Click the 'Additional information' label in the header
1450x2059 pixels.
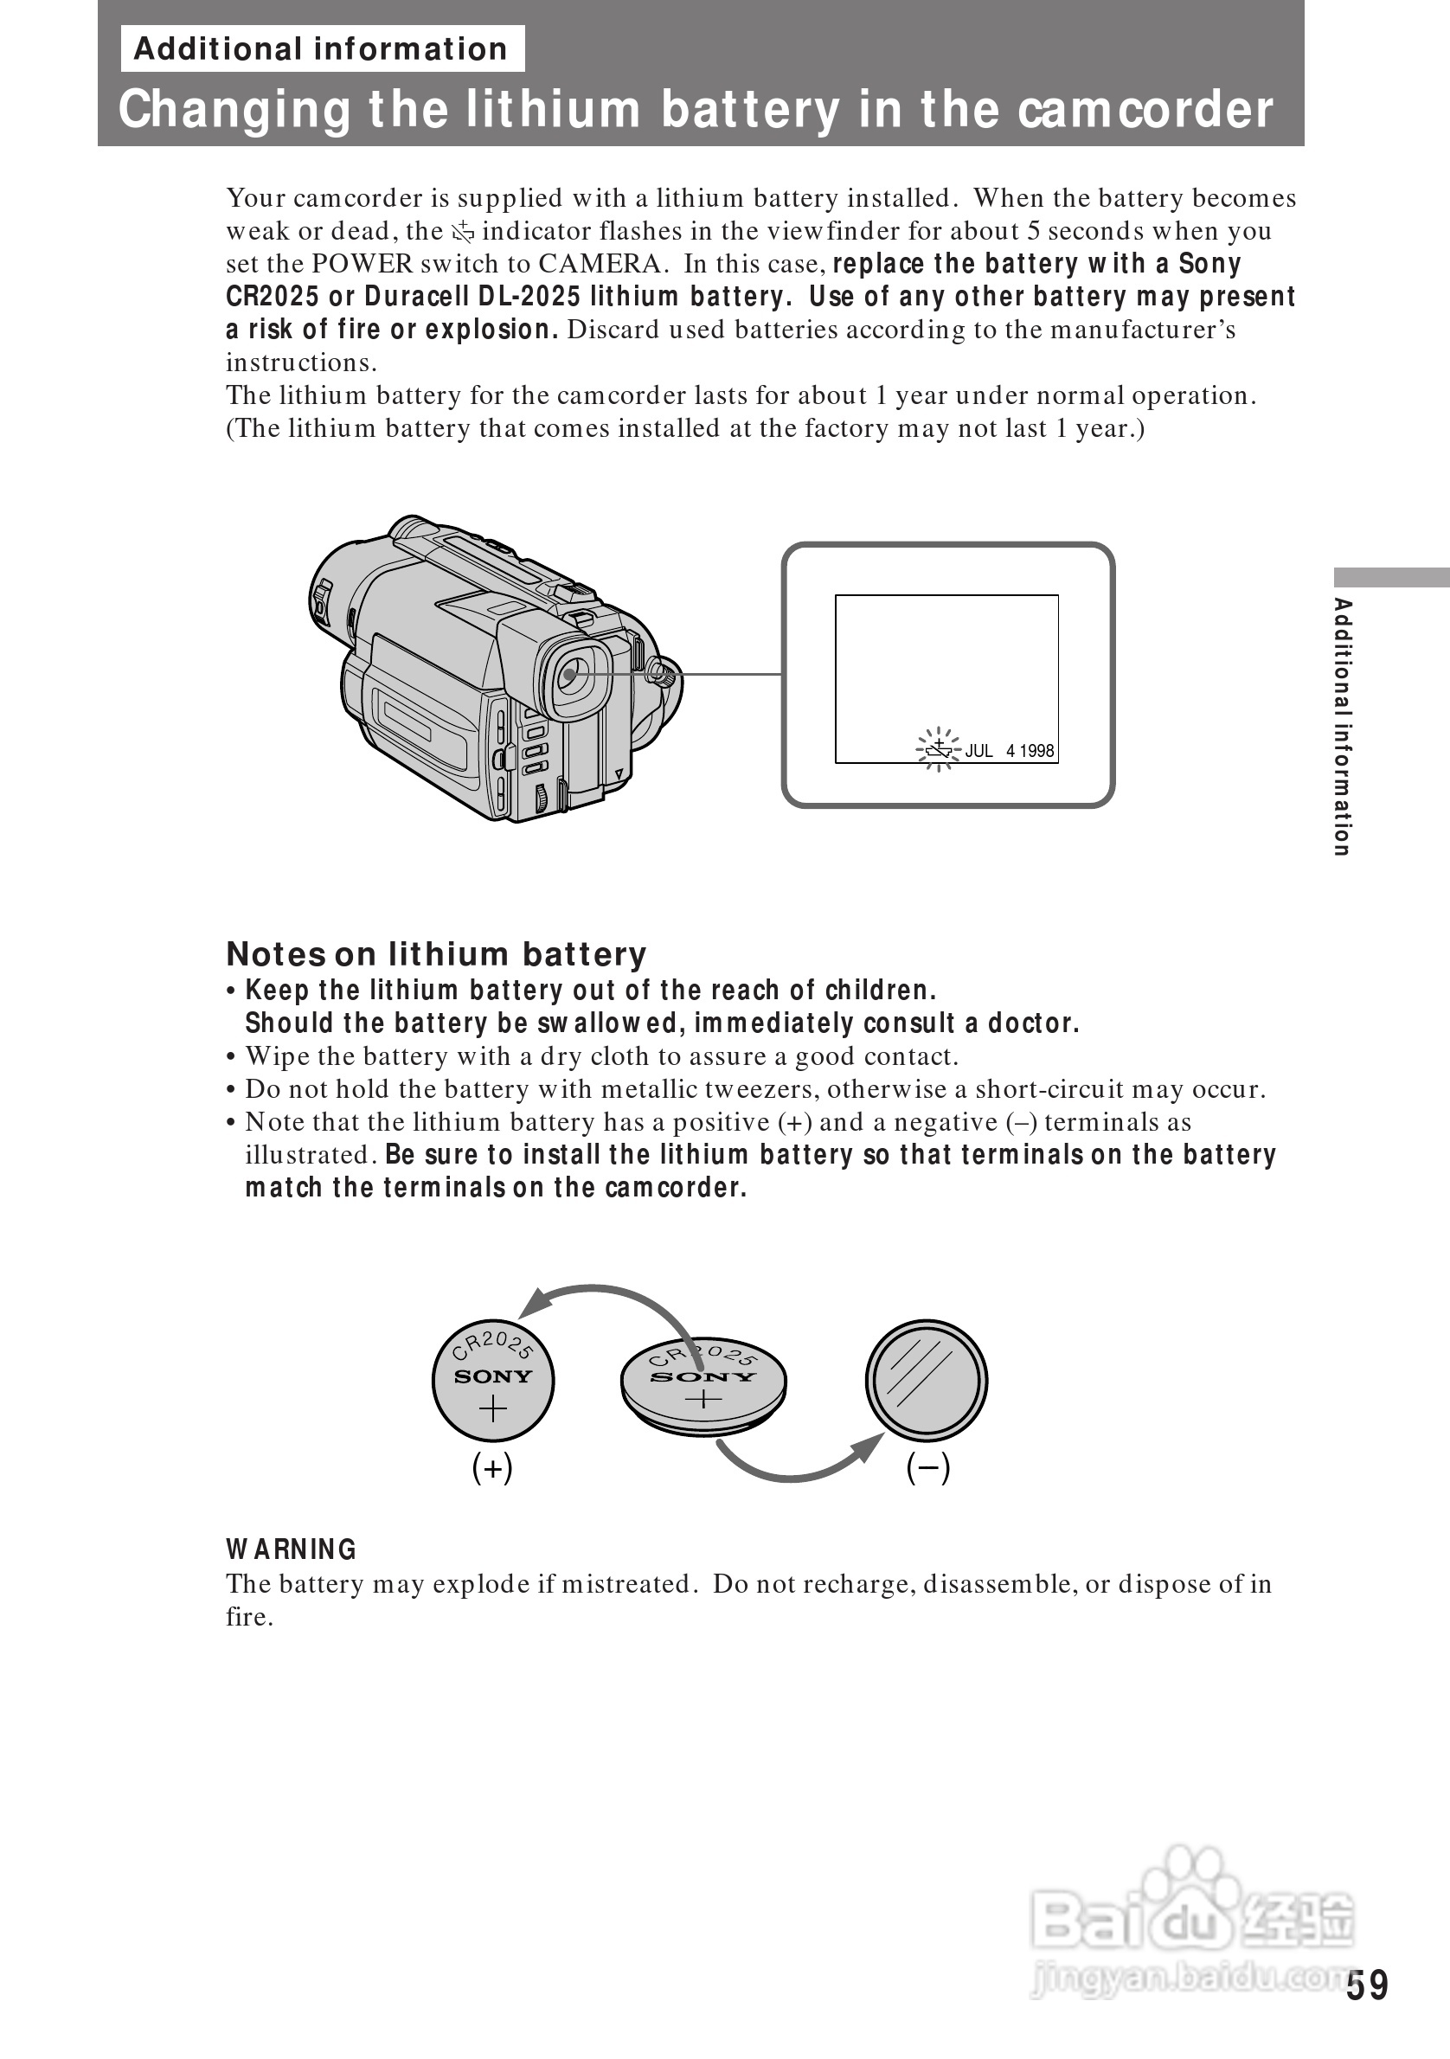[321, 49]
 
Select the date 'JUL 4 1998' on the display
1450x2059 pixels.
[1010, 751]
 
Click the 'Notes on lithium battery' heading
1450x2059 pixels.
[436, 954]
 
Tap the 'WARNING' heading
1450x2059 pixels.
[292, 1549]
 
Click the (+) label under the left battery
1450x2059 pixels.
[492, 1468]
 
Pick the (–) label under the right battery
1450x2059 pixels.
[928, 1468]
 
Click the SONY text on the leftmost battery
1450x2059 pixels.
[493, 1376]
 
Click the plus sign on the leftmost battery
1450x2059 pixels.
[493, 1408]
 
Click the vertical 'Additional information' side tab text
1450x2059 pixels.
[1343, 727]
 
